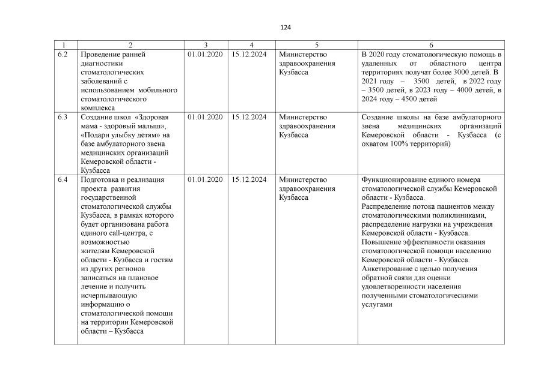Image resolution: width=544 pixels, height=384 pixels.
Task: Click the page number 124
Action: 286,28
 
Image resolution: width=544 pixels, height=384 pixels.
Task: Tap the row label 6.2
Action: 63,55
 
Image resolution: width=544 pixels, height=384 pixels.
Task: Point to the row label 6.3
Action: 63,117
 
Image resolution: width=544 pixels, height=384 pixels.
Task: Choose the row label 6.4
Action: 63,179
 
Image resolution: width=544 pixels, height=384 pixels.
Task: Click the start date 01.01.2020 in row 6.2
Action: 205,55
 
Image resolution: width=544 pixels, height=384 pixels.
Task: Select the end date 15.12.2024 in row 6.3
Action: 249,117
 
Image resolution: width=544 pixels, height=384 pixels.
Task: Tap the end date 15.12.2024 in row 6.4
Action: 249,179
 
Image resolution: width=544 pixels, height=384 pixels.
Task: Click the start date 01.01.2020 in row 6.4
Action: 205,179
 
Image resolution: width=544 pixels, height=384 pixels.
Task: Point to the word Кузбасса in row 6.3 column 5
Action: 294,135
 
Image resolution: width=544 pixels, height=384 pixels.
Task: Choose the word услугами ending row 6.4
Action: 377,305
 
